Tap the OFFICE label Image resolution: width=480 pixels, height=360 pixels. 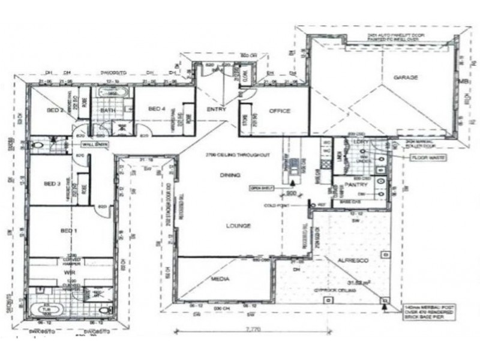tap(280, 111)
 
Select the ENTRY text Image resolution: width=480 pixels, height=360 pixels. tap(216, 110)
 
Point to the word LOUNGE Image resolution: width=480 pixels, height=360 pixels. tap(238, 226)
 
